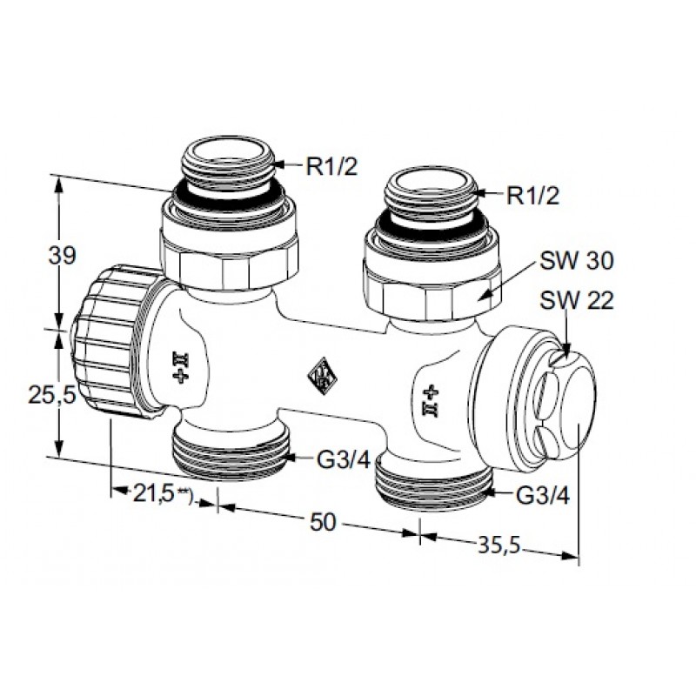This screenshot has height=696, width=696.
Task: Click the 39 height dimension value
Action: tap(63, 256)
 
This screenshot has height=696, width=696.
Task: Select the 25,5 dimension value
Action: tap(52, 394)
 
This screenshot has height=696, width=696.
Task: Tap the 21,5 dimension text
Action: tap(153, 494)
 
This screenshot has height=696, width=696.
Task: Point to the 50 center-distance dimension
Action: tap(323, 523)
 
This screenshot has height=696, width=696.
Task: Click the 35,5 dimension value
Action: tap(499, 545)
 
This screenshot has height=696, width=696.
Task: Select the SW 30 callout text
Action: tap(576, 260)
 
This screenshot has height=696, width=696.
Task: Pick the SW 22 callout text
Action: tap(576, 300)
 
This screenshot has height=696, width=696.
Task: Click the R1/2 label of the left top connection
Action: tap(331, 167)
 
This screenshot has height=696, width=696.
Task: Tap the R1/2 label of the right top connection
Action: tap(532, 195)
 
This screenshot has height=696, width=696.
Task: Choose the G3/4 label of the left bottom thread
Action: tap(344, 460)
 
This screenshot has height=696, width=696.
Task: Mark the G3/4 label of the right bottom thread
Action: tap(543, 496)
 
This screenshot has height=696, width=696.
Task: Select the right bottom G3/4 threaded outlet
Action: tap(433, 485)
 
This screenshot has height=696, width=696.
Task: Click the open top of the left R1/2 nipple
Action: tap(228, 150)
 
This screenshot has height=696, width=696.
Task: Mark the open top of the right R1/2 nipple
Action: tap(431, 180)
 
